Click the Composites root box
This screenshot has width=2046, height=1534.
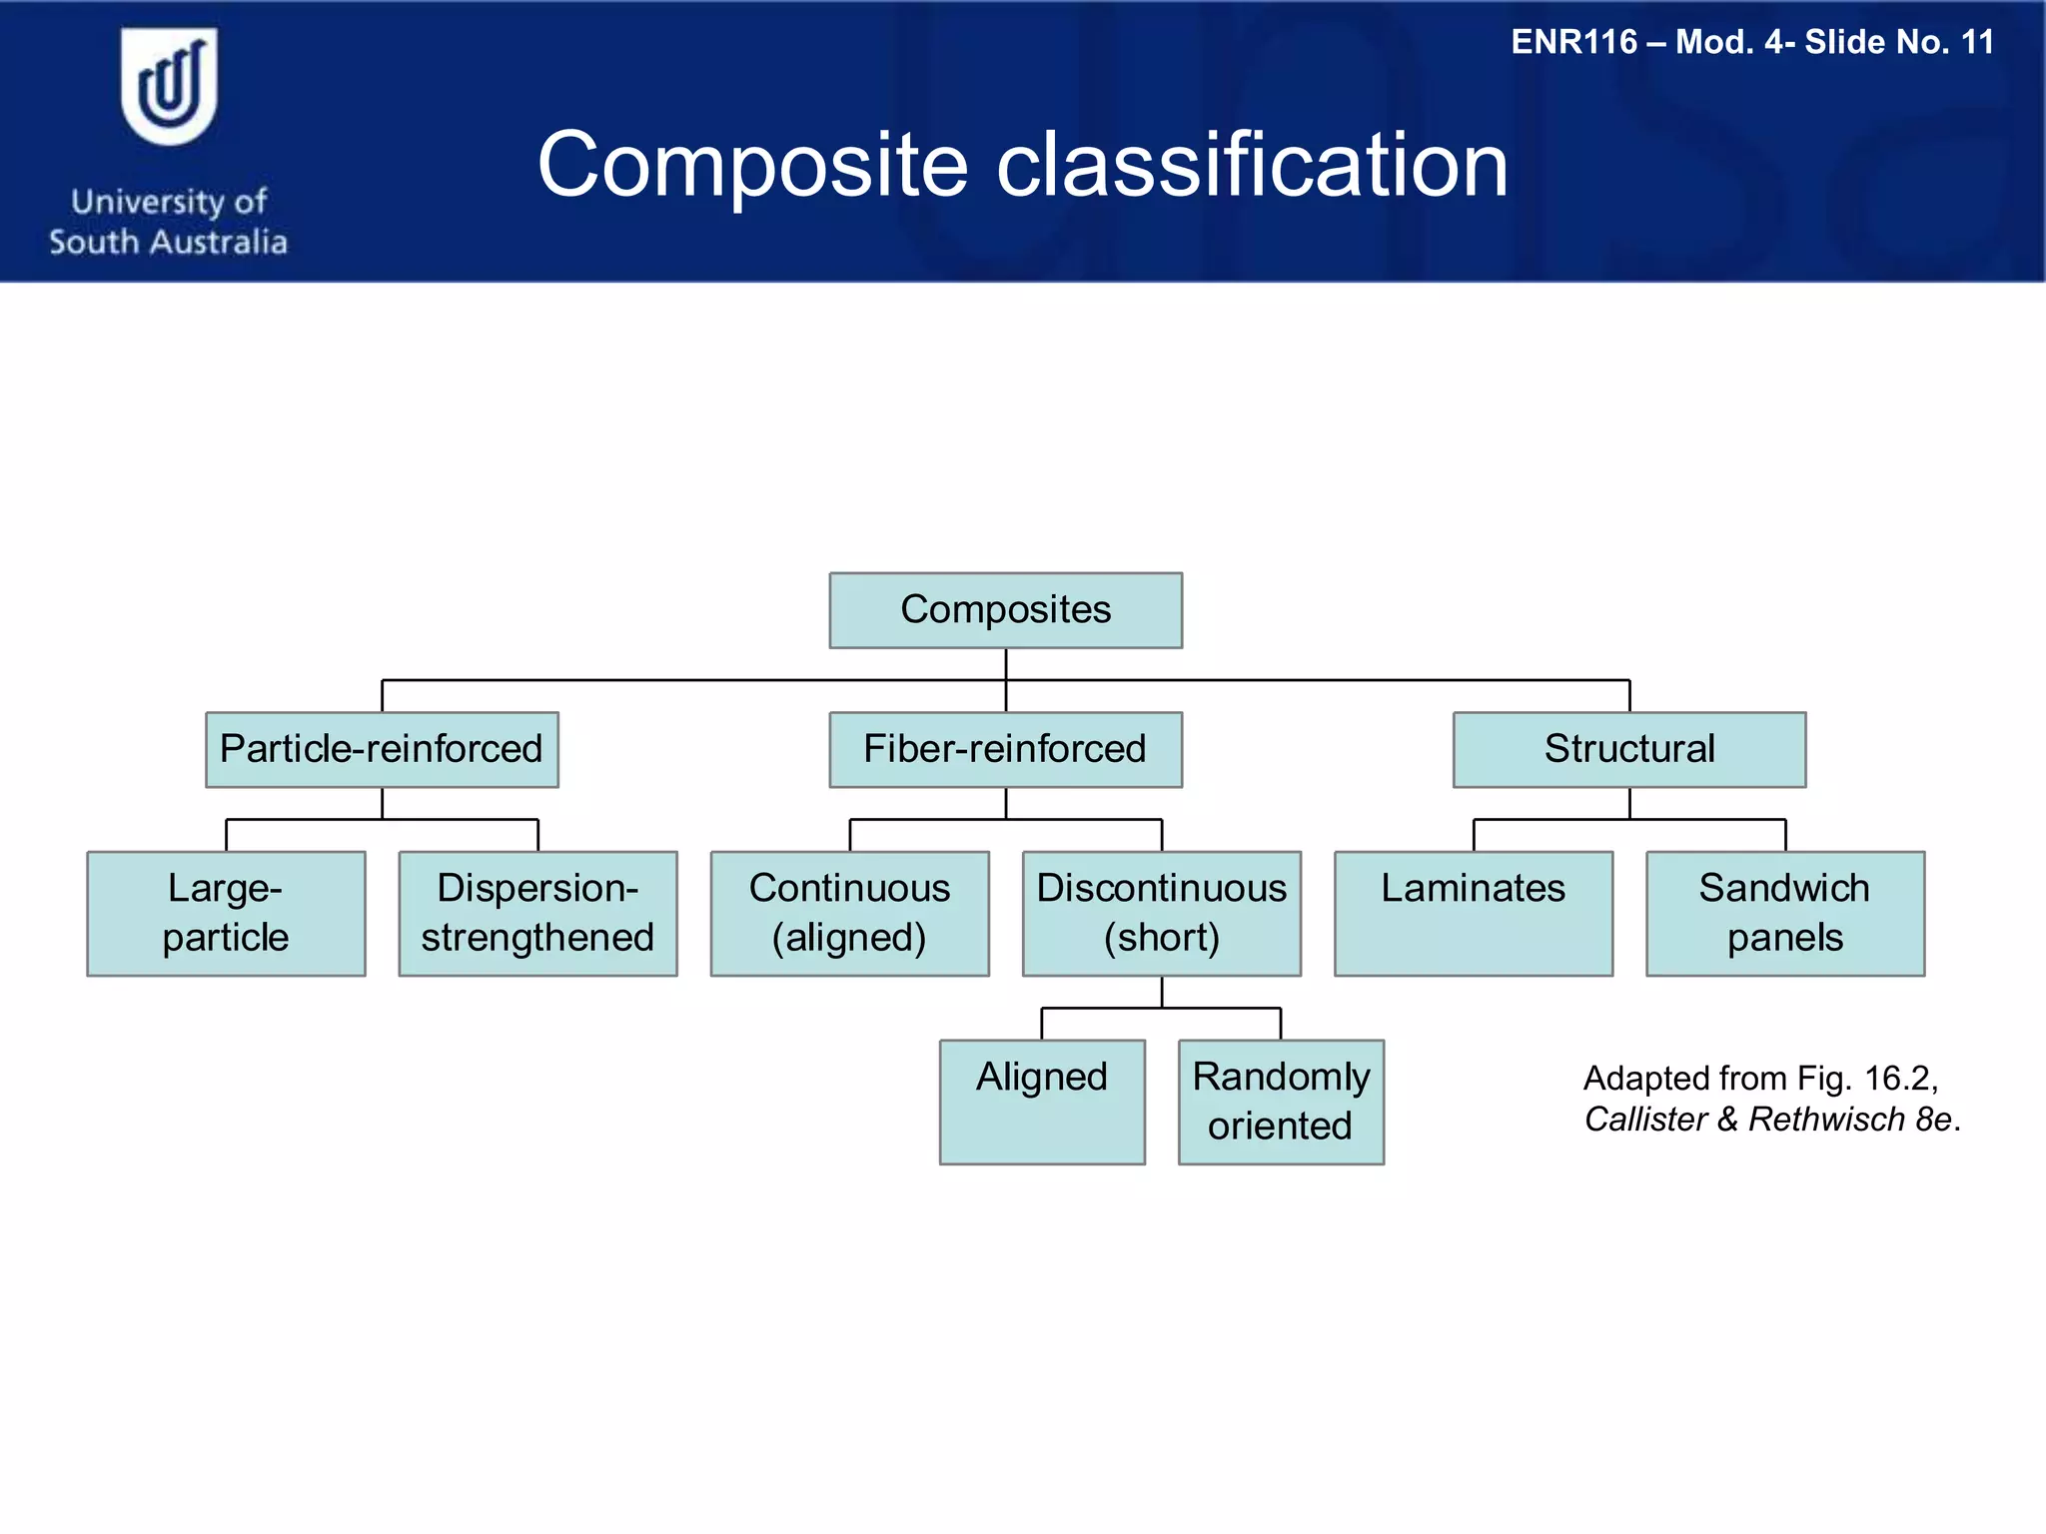[1005, 610]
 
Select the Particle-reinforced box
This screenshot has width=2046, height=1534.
[382, 750]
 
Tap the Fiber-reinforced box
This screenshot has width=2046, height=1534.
[1005, 750]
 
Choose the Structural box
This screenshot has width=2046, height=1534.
[1628, 750]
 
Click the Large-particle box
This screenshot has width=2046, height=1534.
[226, 913]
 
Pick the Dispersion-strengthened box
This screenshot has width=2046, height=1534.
[537, 913]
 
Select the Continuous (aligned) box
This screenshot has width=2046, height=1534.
[849, 913]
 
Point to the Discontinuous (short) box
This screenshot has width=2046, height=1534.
[1161, 913]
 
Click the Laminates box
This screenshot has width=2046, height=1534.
[1473, 913]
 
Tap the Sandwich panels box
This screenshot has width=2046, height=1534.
[1784, 913]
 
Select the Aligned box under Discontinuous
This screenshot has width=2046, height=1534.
[1042, 1102]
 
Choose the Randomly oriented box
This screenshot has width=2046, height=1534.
[1281, 1102]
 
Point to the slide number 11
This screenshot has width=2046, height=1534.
[1977, 43]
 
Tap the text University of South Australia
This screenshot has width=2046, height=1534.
[169, 222]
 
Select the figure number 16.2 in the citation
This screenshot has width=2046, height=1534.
[1897, 1079]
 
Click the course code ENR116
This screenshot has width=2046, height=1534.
[1573, 43]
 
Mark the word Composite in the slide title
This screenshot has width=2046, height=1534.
[752, 166]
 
